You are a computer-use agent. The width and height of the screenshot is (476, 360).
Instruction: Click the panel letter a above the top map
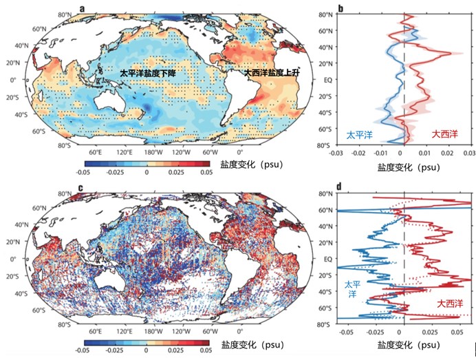pos(83,8)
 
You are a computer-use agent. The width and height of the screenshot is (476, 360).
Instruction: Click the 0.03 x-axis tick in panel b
pos(470,155)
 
